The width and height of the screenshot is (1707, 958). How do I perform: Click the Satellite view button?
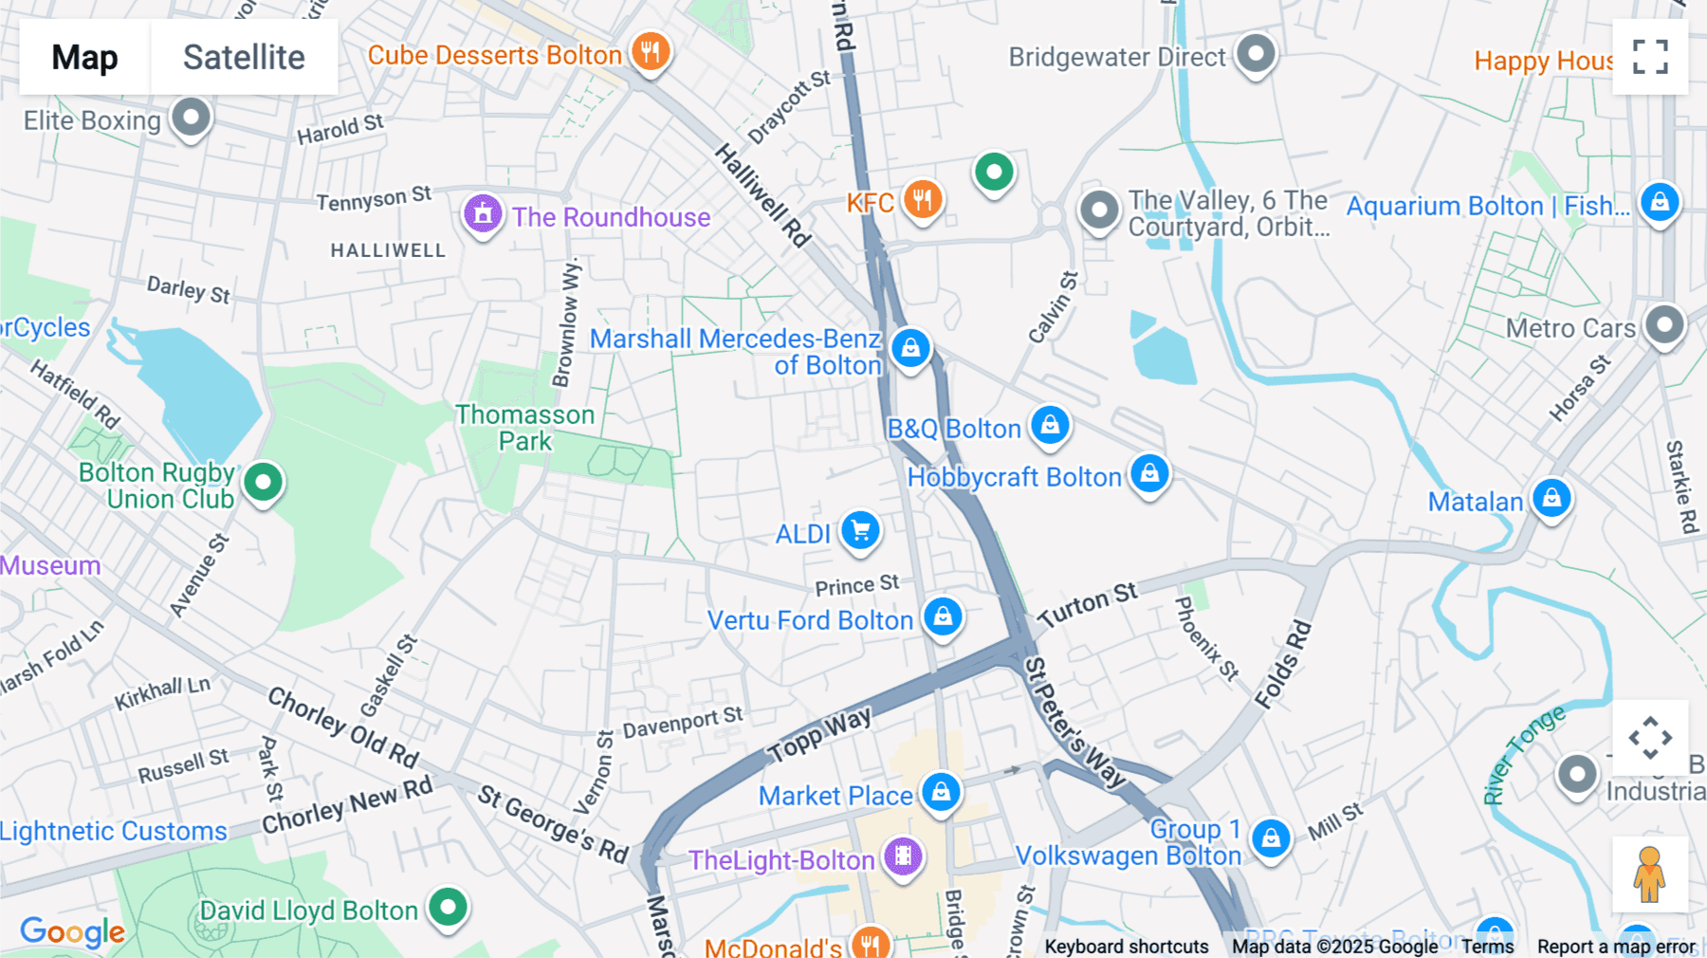click(244, 57)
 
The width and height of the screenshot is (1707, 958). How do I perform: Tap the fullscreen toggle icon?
click(1650, 57)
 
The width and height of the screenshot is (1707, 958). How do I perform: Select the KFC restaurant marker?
click(922, 200)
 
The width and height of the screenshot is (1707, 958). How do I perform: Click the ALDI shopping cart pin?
click(860, 530)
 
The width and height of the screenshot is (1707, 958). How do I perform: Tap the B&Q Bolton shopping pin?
click(1050, 425)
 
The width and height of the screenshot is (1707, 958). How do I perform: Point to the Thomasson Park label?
click(524, 428)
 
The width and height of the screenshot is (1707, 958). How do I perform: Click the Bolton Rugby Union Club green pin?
click(264, 482)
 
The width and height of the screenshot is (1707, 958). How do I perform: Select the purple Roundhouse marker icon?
click(483, 214)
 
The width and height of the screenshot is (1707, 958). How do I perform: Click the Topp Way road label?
click(820, 735)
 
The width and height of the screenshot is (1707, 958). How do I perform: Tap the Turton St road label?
click(1087, 605)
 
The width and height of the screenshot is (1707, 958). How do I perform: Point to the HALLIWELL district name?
click(388, 250)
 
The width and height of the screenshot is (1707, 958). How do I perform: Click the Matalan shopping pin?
click(1551, 498)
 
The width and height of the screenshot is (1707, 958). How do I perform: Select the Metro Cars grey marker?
click(1664, 325)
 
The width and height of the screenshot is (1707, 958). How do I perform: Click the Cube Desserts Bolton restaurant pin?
click(651, 51)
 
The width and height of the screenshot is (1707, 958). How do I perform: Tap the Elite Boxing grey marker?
click(191, 118)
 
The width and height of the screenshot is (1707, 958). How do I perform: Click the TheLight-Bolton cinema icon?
click(903, 857)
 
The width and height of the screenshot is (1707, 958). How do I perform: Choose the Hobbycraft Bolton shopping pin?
click(1149, 472)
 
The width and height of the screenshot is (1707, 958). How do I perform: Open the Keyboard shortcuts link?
click(1126, 946)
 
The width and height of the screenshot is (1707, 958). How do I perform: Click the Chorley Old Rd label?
click(343, 728)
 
